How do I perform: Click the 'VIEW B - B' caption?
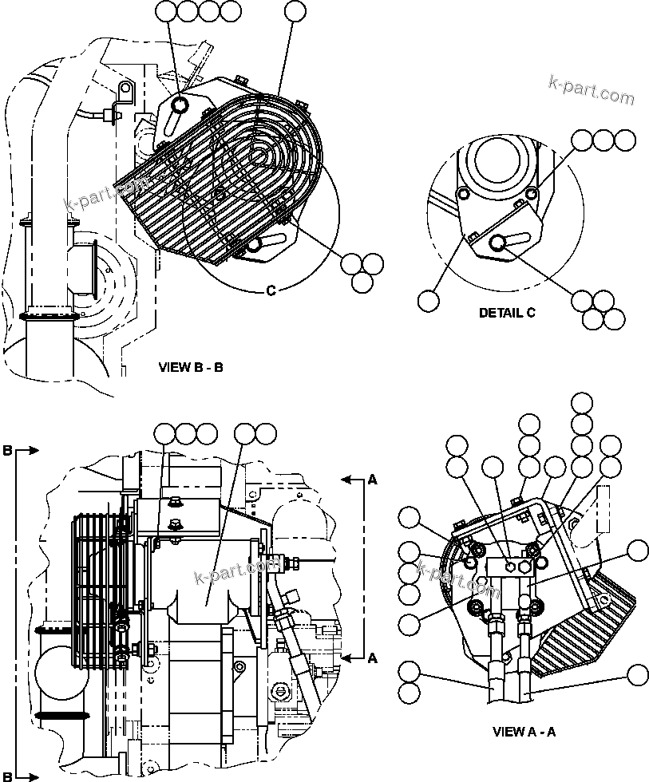[192, 368]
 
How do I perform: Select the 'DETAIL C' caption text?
[507, 313]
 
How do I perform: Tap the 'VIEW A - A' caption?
[524, 731]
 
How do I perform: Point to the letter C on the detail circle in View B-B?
[271, 290]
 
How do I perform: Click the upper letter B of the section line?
[7, 451]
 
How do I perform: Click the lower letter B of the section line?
[7, 774]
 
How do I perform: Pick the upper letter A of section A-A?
[372, 480]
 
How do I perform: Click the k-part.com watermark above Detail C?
[592, 90]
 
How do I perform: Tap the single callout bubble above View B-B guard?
[295, 11]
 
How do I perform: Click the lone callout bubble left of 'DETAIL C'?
[429, 300]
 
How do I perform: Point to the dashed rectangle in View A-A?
[603, 509]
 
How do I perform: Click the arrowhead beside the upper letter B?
[33, 451]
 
